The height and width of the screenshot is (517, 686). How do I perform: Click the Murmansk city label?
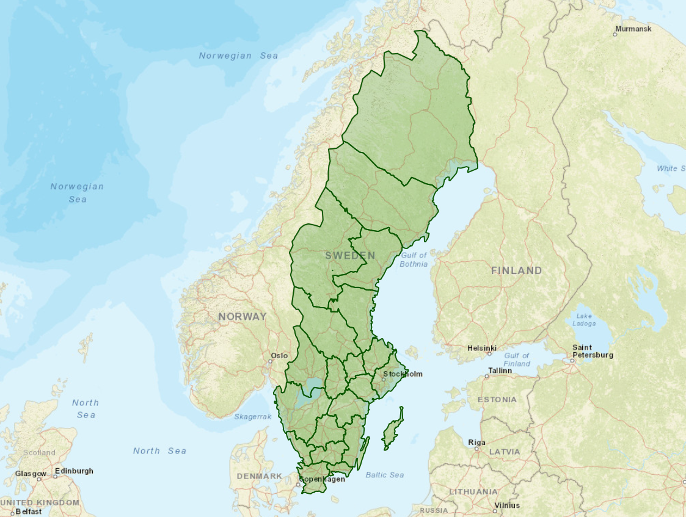633,29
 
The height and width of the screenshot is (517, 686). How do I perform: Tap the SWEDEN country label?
350,256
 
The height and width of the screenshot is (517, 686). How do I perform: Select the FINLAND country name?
516,270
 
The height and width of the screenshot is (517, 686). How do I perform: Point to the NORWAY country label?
243,316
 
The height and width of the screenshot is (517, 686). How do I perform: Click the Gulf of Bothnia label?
414,259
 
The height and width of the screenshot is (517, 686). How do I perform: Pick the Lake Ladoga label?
584,320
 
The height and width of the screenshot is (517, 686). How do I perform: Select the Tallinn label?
500,371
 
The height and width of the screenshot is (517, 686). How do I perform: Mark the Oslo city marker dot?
271,361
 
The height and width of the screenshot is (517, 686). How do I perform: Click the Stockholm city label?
403,374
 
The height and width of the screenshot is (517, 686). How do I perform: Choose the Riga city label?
476,443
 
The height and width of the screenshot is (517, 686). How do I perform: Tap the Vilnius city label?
507,505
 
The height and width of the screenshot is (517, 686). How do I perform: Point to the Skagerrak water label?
252,416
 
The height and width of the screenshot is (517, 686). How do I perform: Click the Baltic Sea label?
384,475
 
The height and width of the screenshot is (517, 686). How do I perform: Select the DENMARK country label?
259,476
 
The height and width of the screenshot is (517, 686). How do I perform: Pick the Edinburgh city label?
74,471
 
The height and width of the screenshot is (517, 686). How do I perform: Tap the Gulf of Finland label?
517,360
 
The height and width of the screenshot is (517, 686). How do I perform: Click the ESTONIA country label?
497,400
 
